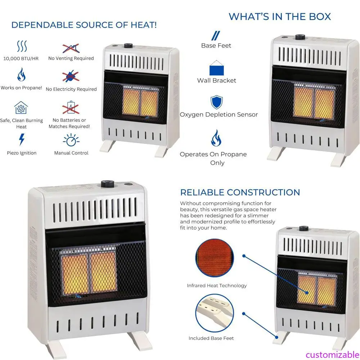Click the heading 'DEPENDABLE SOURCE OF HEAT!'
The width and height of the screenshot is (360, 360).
pyautogui.click(x=84, y=25)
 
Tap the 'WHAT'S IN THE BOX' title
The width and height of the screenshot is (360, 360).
pyautogui.click(x=280, y=16)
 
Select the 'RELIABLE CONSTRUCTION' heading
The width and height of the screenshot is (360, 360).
pyautogui.click(x=240, y=192)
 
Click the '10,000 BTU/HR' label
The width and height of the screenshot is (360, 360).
pyautogui.click(x=21, y=58)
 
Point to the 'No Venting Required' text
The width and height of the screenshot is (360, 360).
pyautogui.click(x=71, y=58)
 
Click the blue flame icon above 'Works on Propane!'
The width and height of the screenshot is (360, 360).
pyautogui.click(x=21, y=75)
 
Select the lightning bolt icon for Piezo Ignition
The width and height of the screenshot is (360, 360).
pyautogui.click(x=22, y=139)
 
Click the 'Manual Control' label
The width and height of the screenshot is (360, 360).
pyautogui.click(x=71, y=153)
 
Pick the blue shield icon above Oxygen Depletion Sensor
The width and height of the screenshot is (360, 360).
pyautogui.click(x=216, y=102)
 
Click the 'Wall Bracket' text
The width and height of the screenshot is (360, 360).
pyautogui.click(x=217, y=80)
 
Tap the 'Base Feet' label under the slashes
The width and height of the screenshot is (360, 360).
pyautogui.click(x=216, y=45)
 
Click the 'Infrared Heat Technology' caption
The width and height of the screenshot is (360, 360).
pyautogui.click(x=217, y=285)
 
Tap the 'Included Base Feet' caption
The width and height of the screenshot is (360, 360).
pyautogui.click(x=211, y=338)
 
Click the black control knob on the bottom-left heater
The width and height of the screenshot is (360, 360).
pyautogui.click(x=107, y=184)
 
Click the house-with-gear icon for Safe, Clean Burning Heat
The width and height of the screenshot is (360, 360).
pyautogui.click(x=21, y=108)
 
